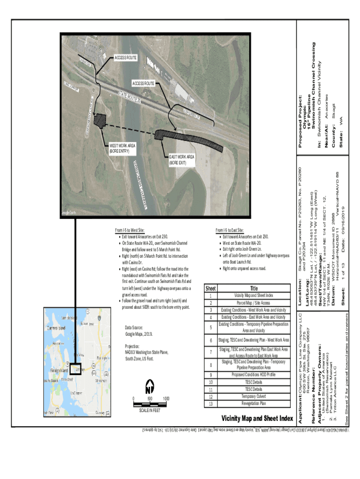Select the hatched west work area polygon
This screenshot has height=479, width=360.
100,120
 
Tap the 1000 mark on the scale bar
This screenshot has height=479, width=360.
166,399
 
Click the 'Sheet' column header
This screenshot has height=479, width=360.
211,289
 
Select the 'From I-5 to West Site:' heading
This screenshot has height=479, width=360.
130,231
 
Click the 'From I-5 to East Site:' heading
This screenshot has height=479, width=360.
230,231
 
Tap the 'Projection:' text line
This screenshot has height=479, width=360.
135,346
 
